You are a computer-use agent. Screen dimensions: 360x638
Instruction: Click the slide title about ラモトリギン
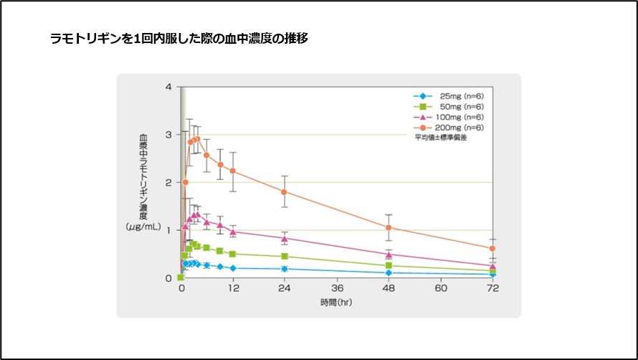tap(178, 38)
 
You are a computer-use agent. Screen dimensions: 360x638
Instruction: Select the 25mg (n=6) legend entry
tap(451, 97)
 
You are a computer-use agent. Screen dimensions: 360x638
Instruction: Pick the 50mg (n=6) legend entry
tap(451, 107)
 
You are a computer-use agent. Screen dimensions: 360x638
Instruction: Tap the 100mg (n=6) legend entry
tap(451, 117)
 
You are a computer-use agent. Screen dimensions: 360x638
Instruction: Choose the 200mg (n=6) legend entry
tap(451, 127)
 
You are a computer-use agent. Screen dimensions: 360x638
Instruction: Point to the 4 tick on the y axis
tap(168, 87)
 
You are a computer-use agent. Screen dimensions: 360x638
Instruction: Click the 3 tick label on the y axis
tap(168, 135)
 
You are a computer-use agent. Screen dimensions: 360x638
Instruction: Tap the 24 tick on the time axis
tap(285, 288)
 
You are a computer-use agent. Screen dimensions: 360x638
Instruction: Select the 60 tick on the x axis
tap(441, 288)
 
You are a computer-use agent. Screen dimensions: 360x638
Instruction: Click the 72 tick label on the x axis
tap(492, 288)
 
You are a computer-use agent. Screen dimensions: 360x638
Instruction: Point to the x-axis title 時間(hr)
tap(336, 302)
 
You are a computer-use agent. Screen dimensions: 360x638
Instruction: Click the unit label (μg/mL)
tap(143, 227)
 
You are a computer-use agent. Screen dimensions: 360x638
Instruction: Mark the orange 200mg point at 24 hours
tap(285, 192)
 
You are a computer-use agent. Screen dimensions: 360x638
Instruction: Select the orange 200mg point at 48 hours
tap(389, 228)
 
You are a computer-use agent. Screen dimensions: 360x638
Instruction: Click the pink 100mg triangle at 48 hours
tap(389, 255)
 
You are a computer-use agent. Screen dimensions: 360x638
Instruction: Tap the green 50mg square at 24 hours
tap(285, 256)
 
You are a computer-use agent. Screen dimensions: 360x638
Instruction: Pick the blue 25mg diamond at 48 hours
tap(389, 273)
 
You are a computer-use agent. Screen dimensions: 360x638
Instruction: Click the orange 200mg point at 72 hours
tap(492, 249)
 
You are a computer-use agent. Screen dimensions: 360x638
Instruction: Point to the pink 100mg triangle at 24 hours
tap(285, 238)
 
